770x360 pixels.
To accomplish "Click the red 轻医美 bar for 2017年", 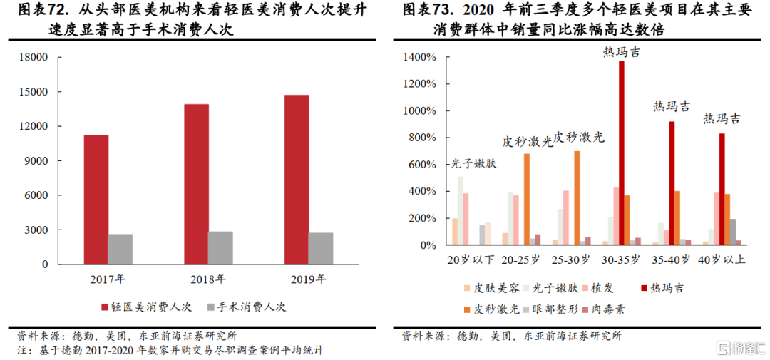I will pos(96,200).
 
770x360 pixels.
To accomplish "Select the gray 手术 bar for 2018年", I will pos(220,247).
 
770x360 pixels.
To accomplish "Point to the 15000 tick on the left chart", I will pos(34,92).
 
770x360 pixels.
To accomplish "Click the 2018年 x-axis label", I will pos(208,279).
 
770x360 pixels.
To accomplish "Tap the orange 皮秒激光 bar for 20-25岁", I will pos(527,199).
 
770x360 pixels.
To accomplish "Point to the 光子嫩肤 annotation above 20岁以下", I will pos(473,163).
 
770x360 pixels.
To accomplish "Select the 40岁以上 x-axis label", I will pos(722,260).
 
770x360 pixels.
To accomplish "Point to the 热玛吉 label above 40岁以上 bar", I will pos(722,118).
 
